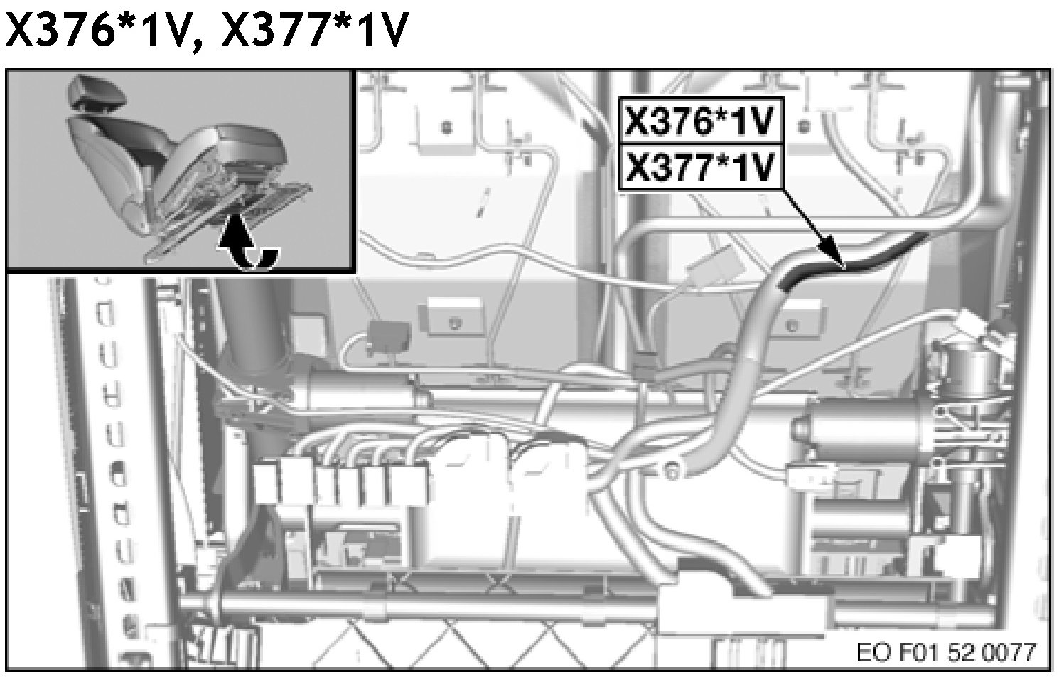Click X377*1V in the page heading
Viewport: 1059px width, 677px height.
[x=315, y=32]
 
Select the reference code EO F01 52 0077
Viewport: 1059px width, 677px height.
[x=946, y=651]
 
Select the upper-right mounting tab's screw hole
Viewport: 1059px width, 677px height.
[x=804, y=127]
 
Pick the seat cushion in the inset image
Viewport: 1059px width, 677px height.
[x=242, y=146]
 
